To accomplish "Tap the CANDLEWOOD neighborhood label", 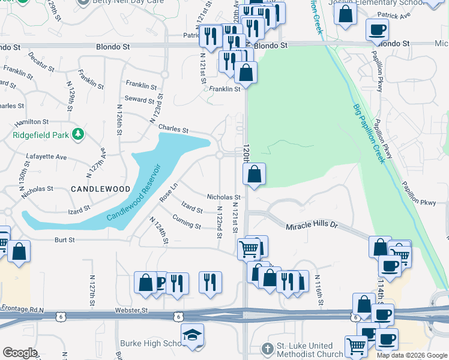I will pyautogui.click(x=101, y=189).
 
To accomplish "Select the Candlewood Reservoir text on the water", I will pyautogui.click(x=136, y=192).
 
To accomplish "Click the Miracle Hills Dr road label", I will pyautogui.click(x=313, y=226).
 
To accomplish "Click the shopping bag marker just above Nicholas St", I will pyautogui.click(x=254, y=175).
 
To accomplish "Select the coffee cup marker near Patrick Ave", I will pyautogui.click(x=377, y=29).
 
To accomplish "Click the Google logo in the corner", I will pyautogui.click(x=20, y=353).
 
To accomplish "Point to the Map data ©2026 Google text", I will pyautogui.click(x=411, y=355).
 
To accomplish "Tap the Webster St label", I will pyautogui.click(x=131, y=311).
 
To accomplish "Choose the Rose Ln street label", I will pyautogui.click(x=169, y=192).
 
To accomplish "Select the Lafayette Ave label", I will pyautogui.click(x=46, y=157).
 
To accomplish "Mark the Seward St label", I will pyautogui.click(x=140, y=99).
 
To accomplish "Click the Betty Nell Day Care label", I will pyautogui.click(x=125, y=2).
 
